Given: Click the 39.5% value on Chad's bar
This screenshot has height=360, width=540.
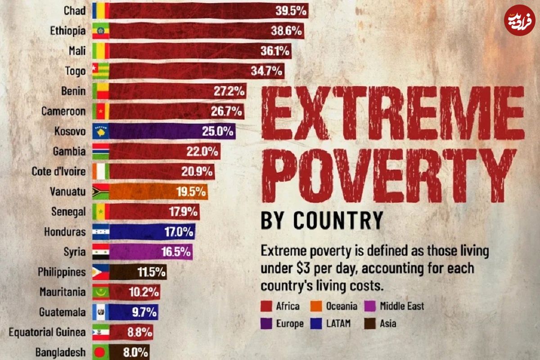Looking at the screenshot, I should (291, 11).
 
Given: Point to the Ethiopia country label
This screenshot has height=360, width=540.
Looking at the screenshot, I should (68, 31).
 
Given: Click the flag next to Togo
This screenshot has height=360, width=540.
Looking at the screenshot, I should (100, 70).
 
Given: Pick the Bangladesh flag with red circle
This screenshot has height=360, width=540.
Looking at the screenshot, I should (100, 351).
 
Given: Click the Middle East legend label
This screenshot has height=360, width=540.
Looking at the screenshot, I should (402, 306).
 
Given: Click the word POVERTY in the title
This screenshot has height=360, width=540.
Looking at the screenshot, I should (389, 176).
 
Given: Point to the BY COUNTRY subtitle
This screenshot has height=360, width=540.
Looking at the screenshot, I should (322, 221).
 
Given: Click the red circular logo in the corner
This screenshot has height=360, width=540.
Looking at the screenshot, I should (519, 20).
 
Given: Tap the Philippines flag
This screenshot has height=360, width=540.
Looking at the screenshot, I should (100, 272).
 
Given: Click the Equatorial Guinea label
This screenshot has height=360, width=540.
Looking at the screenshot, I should (47, 332).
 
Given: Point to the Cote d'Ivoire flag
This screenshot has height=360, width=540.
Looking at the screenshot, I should (100, 171).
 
